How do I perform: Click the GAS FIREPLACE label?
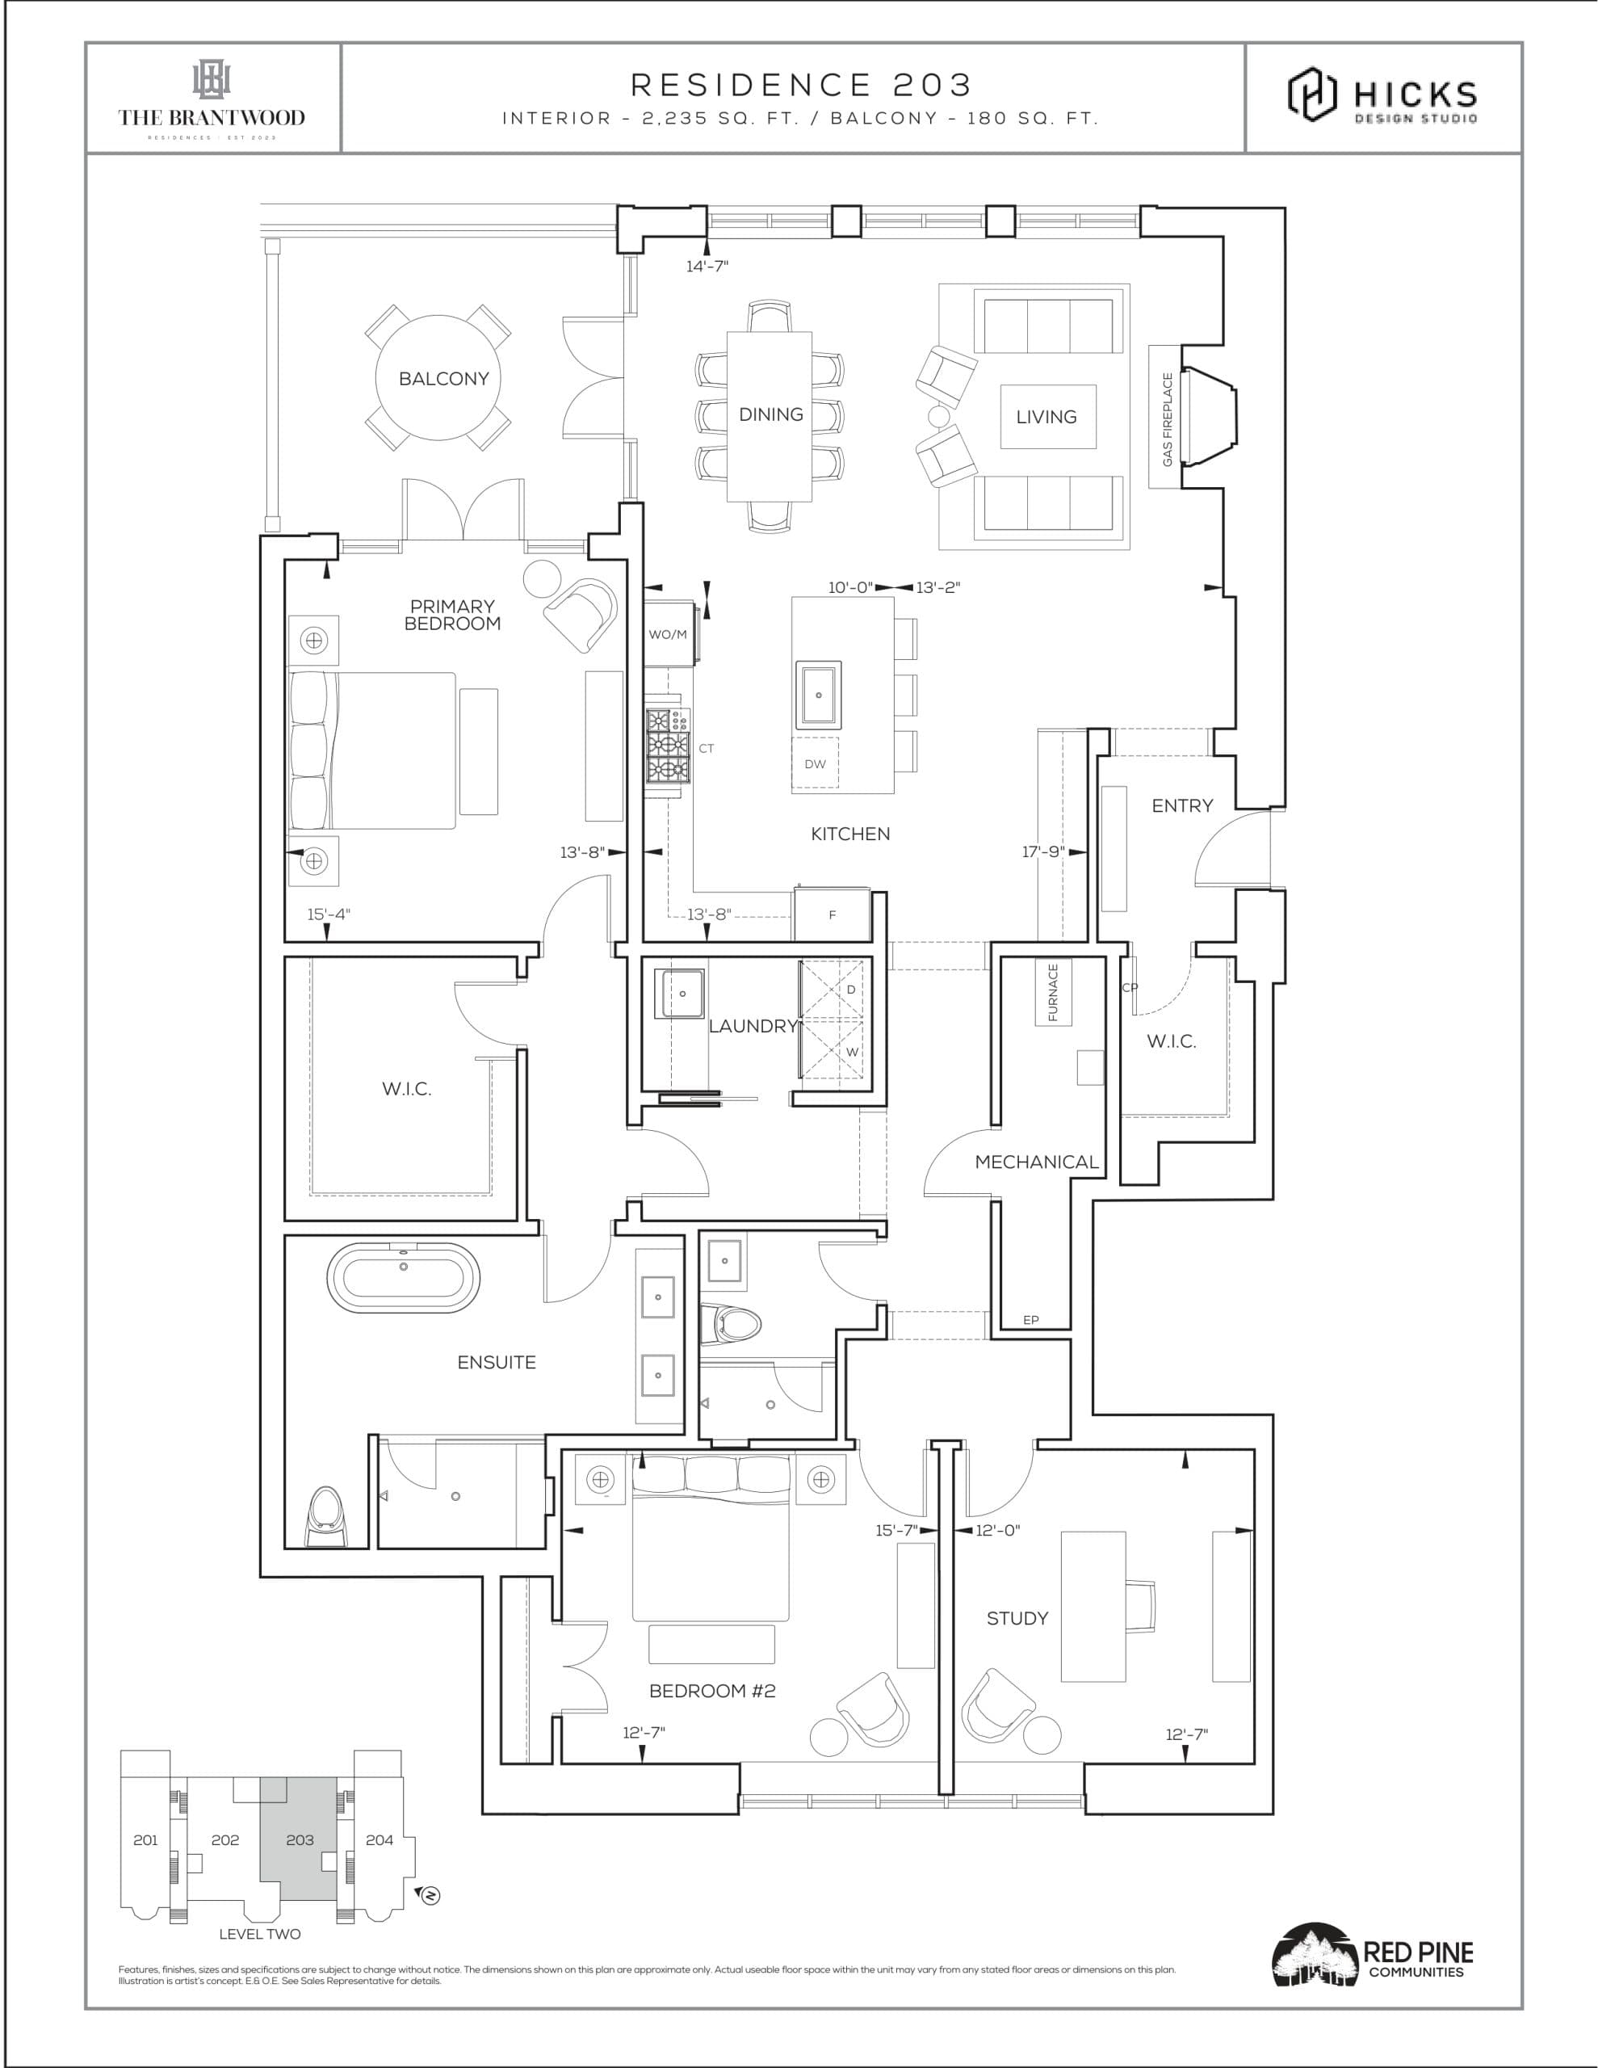(1168, 418)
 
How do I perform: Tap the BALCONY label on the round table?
(443, 379)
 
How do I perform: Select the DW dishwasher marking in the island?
(815, 763)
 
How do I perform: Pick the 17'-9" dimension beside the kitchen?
(1042, 851)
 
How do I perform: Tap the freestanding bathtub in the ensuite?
(403, 1277)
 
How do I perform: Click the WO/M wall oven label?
(668, 634)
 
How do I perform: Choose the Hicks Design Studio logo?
(1382, 95)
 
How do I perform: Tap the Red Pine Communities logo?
(1372, 1958)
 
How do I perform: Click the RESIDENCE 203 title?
(801, 85)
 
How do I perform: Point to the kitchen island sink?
(818, 695)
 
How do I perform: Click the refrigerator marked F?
(833, 914)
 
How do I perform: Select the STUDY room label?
(1017, 1618)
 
